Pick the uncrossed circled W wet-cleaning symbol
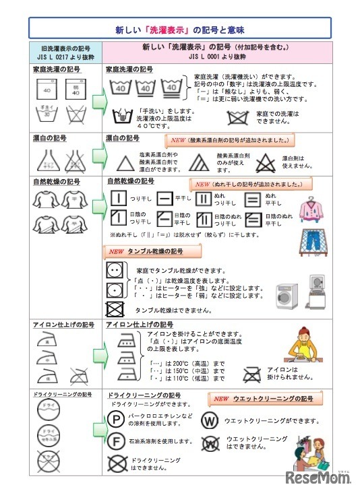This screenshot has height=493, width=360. pyautogui.click(x=210, y=421)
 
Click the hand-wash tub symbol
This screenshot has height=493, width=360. pyautogui.click(x=121, y=116)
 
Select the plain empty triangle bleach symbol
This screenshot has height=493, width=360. pyautogui.click(x=123, y=162)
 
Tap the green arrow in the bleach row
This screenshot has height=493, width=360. pyautogui.click(x=98, y=160)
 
